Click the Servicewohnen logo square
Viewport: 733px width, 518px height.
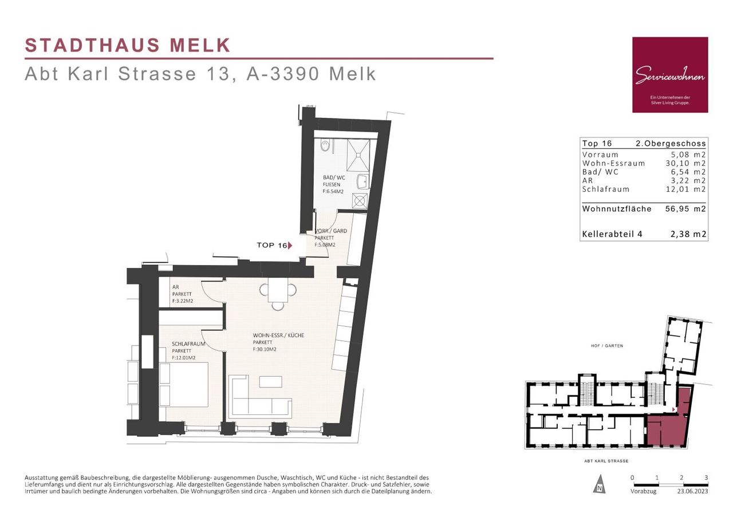point(670,75)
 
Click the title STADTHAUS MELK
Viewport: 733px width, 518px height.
point(128,45)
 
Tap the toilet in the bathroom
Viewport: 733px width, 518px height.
point(325,145)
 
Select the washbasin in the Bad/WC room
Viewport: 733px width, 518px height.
point(363,182)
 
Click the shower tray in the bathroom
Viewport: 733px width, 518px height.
point(358,155)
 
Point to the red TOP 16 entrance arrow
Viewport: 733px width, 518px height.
point(290,246)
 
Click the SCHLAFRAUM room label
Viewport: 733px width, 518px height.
point(188,343)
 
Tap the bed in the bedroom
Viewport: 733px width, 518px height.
point(184,384)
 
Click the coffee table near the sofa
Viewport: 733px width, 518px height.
point(271,382)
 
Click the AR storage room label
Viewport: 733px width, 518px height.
point(176,287)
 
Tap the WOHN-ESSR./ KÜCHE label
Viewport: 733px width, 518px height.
point(278,335)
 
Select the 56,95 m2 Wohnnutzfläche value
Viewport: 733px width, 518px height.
point(685,209)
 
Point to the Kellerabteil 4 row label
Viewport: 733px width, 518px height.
point(612,234)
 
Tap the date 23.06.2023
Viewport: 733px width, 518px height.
point(692,491)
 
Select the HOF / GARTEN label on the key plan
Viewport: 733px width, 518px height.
point(606,346)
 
